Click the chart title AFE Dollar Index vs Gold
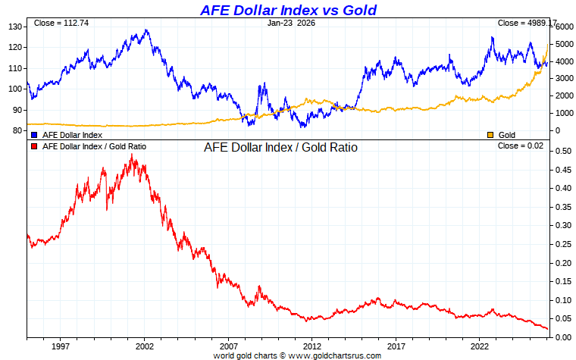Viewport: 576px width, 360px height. pos(287,10)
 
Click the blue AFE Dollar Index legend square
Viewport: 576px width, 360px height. pos(34,134)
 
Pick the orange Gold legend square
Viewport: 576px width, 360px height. pos(490,134)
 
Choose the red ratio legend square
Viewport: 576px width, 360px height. pos(34,146)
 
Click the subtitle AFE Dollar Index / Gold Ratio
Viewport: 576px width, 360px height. pos(280,147)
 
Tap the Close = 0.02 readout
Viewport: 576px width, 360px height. pos(526,145)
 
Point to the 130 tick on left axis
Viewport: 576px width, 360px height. pos(15,27)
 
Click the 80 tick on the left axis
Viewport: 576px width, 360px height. pos(17,130)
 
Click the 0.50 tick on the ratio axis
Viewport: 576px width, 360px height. pos(564,151)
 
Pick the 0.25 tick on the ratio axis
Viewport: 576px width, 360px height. pos(564,244)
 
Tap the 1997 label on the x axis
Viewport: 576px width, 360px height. pos(61,346)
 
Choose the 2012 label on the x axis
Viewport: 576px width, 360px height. pos(312,346)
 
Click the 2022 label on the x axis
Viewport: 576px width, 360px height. pos(480,346)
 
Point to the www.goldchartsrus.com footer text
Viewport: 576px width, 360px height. pos(333,355)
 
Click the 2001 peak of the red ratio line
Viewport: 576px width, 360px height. pos(133,155)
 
